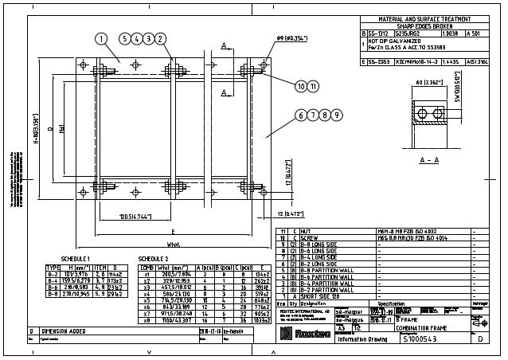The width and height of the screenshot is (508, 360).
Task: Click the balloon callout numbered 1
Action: coord(102,37)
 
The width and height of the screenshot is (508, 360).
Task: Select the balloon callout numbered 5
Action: coord(126,37)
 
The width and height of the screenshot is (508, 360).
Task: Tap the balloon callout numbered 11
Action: coord(314,85)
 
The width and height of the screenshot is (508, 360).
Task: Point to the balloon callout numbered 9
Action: coord(338,115)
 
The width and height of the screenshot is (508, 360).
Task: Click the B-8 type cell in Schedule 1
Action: coord(54,293)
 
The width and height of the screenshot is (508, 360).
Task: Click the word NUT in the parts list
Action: coord(307,231)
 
